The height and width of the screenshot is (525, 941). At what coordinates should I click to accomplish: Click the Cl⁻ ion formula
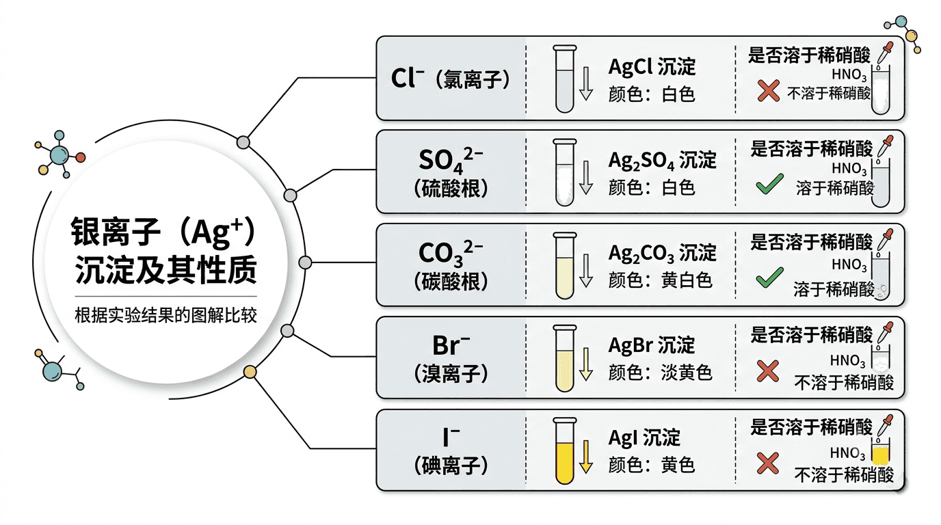coord(407,78)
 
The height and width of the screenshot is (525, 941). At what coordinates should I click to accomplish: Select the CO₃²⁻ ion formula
coord(451,253)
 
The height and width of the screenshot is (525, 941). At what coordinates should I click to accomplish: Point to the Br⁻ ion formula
coord(451,345)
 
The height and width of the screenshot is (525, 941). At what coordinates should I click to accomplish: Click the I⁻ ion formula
coord(451,437)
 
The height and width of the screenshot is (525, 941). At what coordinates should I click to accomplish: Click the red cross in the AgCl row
coord(769,91)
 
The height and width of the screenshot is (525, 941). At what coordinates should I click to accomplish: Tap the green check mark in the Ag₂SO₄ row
coord(769,184)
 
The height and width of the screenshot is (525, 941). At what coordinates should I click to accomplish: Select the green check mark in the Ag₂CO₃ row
coord(769,278)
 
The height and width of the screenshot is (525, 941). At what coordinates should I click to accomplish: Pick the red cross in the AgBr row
coord(767,371)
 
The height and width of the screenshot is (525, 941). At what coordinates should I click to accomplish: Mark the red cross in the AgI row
coord(767,463)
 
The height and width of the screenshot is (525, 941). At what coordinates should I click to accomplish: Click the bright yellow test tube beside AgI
coord(564,451)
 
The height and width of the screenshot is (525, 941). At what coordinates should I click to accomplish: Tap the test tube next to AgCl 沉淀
coord(564,79)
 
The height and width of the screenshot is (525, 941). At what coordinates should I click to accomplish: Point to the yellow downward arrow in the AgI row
coord(586,457)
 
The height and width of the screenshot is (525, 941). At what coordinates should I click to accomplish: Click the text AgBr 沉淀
coord(652,345)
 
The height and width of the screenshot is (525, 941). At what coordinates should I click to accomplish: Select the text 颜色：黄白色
coord(661,280)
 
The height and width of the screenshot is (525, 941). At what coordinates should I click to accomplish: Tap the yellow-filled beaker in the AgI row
coord(881,451)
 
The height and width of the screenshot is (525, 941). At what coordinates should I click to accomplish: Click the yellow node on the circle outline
coord(250,372)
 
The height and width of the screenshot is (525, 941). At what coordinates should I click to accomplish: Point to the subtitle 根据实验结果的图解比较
coord(165,315)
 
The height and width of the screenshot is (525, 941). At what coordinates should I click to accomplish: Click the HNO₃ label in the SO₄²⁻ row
coord(849,169)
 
